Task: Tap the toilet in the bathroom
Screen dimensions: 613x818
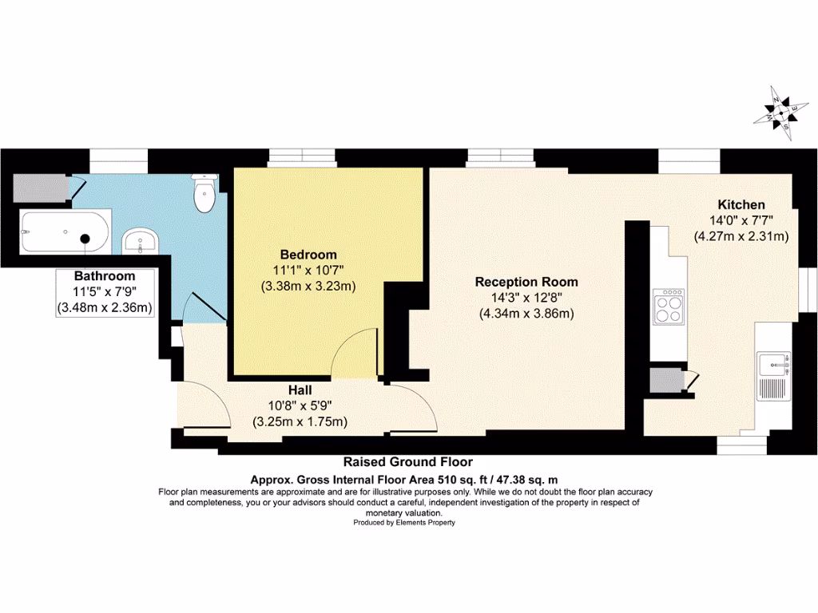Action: (x=205, y=194)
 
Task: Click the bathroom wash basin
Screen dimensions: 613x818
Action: (x=141, y=240)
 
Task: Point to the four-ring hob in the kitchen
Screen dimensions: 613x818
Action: (x=668, y=306)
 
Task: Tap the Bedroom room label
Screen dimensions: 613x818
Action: (x=308, y=255)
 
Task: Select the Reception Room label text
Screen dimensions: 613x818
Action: (x=526, y=282)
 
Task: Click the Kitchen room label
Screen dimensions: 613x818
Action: (x=741, y=205)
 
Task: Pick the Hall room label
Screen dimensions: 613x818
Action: (x=300, y=391)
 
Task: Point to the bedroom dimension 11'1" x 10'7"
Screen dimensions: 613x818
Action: (x=308, y=271)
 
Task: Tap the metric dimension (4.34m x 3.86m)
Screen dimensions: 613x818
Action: (x=526, y=313)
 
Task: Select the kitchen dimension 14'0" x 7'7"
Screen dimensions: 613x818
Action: (x=741, y=220)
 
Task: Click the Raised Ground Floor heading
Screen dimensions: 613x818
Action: (x=407, y=462)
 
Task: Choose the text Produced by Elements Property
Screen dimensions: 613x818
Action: (x=404, y=522)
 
